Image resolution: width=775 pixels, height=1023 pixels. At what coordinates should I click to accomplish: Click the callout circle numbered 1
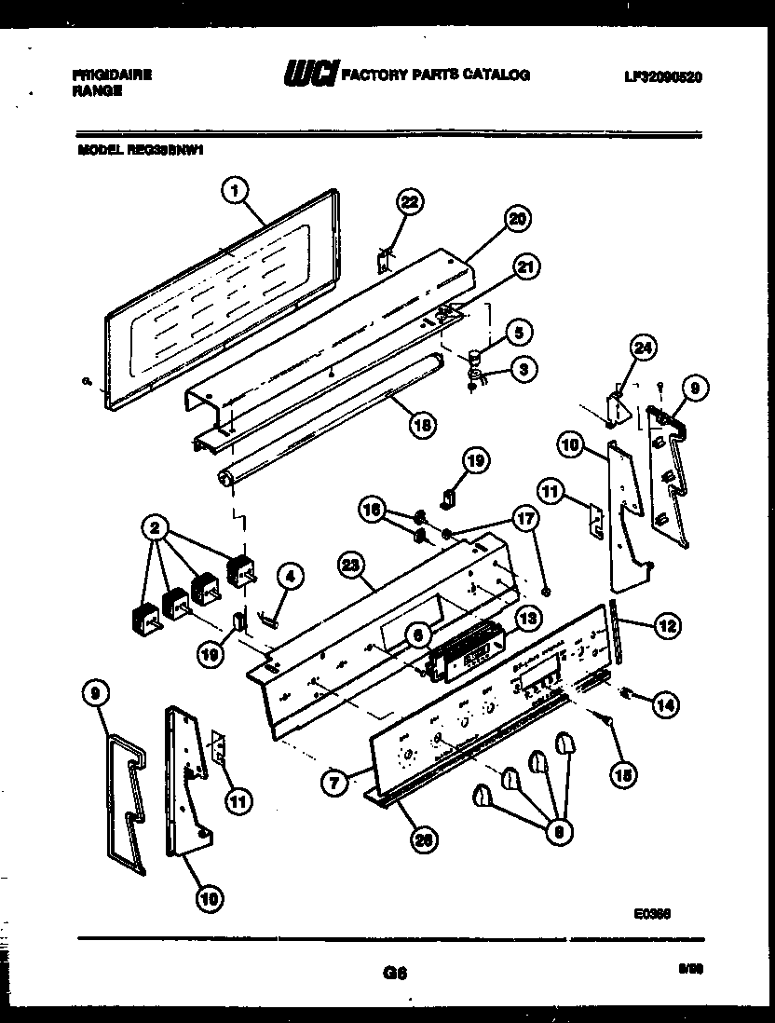pyautogui.click(x=236, y=191)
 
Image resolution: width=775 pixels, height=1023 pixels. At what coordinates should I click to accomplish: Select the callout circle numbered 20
pyautogui.click(x=516, y=219)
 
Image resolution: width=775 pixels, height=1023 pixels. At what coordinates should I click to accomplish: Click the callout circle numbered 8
pyautogui.click(x=559, y=832)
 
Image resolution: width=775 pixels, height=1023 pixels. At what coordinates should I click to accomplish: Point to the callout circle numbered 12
pyautogui.click(x=666, y=626)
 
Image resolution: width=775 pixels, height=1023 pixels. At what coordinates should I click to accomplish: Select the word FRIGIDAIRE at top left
pyautogui.click(x=111, y=75)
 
